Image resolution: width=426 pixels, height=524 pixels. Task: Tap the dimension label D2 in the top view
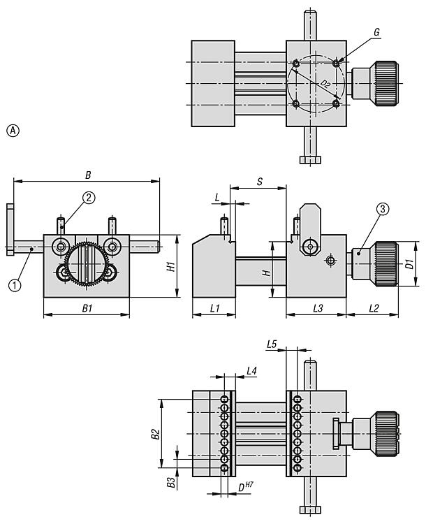coord(325,85)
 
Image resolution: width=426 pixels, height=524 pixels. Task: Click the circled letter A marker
coord(13,130)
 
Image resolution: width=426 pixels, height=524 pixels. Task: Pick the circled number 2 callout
coord(89,198)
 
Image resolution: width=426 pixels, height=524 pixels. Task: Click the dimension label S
coord(259,182)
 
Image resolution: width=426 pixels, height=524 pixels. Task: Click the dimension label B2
coord(156,434)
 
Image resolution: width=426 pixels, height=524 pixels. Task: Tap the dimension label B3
coord(170,482)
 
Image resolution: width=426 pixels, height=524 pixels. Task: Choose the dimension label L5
coord(272,343)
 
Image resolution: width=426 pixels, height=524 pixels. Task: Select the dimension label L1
coord(214,307)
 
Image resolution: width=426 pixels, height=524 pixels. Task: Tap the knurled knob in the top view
coord(384,83)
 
